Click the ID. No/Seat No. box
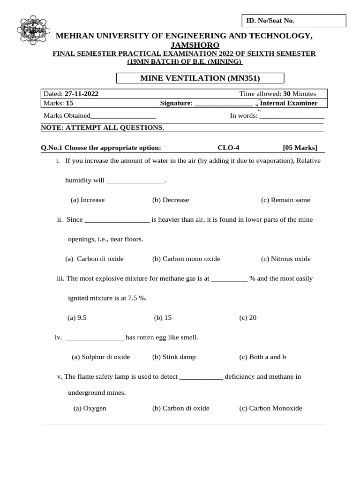(x=293, y=21)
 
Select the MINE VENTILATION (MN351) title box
(x=200, y=78)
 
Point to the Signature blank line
(x=223, y=104)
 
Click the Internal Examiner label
(x=288, y=103)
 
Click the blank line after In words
(x=292, y=116)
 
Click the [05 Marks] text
(x=300, y=148)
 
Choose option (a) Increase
(x=88, y=200)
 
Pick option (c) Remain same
(x=285, y=200)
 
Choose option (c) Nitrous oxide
(x=285, y=259)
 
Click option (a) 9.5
(x=77, y=317)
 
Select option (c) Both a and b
(x=262, y=357)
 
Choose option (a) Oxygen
(x=90, y=408)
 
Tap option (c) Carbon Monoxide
(x=270, y=408)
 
